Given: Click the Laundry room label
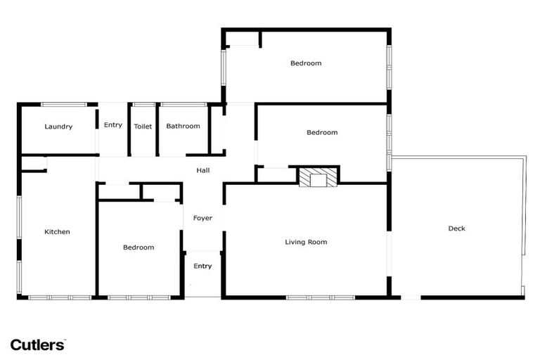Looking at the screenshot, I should point(58,127).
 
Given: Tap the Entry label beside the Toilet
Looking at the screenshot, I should point(112,125).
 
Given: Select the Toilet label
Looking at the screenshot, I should point(143,127).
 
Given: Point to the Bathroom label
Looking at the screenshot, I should point(183,127).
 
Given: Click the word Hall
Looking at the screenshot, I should point(202,170).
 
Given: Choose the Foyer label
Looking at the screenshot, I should point(202,218).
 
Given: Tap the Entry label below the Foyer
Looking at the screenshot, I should point(202,266).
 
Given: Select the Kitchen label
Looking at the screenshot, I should point(57,232).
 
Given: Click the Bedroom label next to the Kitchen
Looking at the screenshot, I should point(139,247).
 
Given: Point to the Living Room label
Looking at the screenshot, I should point(306,242).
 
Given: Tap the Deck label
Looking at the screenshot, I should point(456,228).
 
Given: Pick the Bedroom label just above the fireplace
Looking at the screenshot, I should point(322,132).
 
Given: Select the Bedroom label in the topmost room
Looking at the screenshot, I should point(306,63).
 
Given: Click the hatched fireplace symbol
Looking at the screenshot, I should point(318,177).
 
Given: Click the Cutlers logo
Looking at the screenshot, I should point(37,345).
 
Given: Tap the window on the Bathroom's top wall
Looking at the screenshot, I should point(183,105).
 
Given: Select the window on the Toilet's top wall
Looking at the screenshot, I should point(143,105).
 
